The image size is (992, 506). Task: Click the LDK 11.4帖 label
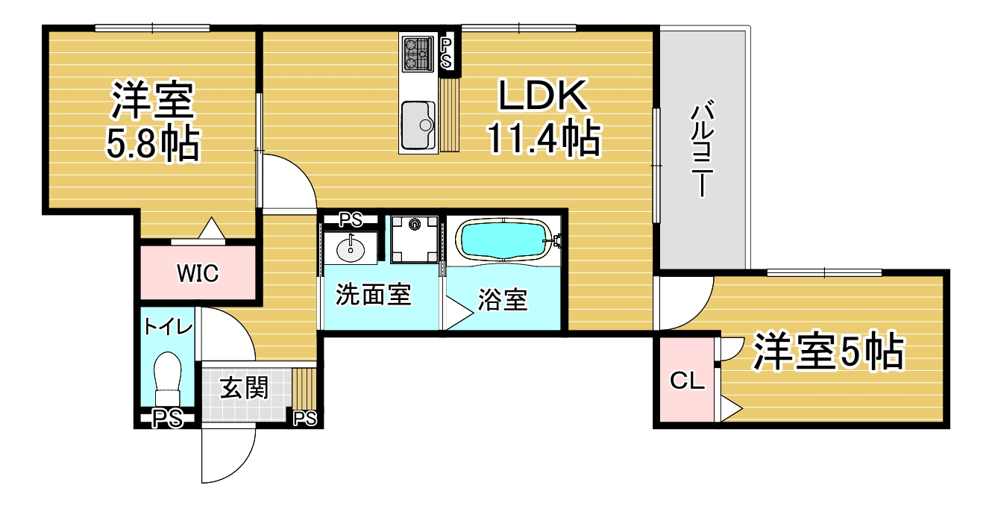coord(544,117)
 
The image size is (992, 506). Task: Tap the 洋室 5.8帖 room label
coord(152,120)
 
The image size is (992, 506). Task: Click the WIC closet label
coord(198,273)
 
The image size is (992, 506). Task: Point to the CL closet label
coord(687,380)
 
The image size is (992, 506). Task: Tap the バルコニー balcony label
coord(703,149)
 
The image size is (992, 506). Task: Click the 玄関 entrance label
coord(245,388)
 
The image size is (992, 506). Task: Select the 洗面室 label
coord(374,294)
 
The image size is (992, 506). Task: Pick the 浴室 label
coord(503,299)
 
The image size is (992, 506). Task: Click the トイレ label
coord(168,328)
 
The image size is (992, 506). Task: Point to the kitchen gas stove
coord(418,54)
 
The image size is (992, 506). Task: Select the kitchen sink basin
coord(418,126)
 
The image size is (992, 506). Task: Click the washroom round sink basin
coord(351,250)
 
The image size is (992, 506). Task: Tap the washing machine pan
coord(415,240)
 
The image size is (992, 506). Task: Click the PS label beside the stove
coord(446,53)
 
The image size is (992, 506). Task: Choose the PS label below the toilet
coord(167,419)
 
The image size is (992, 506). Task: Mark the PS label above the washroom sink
coord(351,219)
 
